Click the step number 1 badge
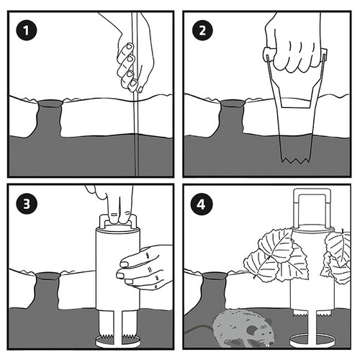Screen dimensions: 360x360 [x=27, y=30]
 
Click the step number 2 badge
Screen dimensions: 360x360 [x=202, y=30]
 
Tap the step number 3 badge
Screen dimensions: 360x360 [x=27, y=204]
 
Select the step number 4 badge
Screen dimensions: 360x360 [x=201, y=204]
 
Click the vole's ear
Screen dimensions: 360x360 [x=251, y=331]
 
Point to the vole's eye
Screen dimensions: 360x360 [x=264, y=334]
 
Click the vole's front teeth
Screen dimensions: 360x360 [x=267, y=345]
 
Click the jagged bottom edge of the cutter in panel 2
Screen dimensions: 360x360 [x=296, y=160]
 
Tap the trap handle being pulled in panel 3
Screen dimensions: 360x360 [x=118, y=220]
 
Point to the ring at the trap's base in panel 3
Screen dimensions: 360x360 [x=117, y=342]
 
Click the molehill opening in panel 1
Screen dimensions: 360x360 [x=50, y=104]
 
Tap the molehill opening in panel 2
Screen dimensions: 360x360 [x=232, y=103]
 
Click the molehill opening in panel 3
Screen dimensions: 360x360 [x=48, y=276]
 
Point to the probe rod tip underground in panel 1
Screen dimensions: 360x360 [x=137, y=175]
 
